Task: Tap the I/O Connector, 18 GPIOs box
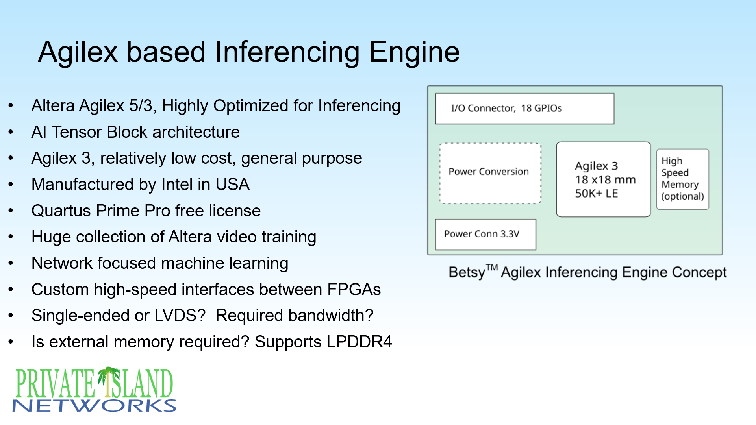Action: (524, 109)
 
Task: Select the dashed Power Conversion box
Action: (490, 173)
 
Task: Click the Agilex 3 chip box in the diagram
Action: (603, 179)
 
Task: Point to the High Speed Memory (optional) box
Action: (682, 179)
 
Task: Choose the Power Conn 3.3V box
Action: (485, 235)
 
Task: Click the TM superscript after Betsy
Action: (492, 268)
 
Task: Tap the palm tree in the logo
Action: (108, 380)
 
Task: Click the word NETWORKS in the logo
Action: (94, 406)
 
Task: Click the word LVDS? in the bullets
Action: (180, 316)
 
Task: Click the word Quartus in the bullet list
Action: (61, 211)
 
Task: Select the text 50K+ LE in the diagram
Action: (596, 194)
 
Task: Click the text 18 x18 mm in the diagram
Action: (605, 180)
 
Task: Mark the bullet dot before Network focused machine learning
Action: (11, 263)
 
